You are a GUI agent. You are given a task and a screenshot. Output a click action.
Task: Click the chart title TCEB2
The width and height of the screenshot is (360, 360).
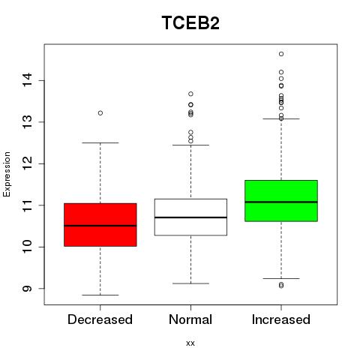tap(190, 22)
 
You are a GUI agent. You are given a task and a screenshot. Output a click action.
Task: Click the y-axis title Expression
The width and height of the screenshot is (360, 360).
tap(7, 174)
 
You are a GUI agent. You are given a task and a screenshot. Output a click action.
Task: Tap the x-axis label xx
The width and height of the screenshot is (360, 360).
tap(190, 343)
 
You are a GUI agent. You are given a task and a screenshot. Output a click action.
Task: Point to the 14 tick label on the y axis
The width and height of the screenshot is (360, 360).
tap(27, 80)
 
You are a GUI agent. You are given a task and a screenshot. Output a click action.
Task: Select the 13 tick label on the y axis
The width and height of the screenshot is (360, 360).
tap(27, 122)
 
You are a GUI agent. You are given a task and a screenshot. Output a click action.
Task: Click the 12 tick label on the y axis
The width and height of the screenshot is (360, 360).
tap(27, 163)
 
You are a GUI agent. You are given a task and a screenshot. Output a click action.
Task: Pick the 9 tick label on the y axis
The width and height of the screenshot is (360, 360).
tap(27, 289)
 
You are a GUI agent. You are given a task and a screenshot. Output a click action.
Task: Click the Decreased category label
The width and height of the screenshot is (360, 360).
tap(100, 319)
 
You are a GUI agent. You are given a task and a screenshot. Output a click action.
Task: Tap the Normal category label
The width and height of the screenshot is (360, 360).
tap(190, 319)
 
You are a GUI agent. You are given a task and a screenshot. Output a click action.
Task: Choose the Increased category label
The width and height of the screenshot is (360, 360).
tap(281, 319)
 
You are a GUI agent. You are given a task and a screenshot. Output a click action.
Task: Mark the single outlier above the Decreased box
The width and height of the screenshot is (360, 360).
tap(100, 113)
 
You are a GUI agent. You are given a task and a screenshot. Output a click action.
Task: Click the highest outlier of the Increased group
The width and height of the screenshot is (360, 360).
tap(281, 54)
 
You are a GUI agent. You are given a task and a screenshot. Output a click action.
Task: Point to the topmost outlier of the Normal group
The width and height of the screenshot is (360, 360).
tap(190, 94)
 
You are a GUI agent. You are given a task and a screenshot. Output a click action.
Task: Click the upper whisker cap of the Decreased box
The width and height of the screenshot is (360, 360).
tap(100, 142)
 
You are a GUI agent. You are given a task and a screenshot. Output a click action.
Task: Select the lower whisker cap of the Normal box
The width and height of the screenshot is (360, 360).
tap(190, 283)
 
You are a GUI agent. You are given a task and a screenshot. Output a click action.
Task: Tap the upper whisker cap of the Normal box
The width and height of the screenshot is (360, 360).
tap(190, 145)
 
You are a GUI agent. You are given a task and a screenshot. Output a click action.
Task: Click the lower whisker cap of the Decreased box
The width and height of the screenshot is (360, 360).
tap(100, 295)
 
